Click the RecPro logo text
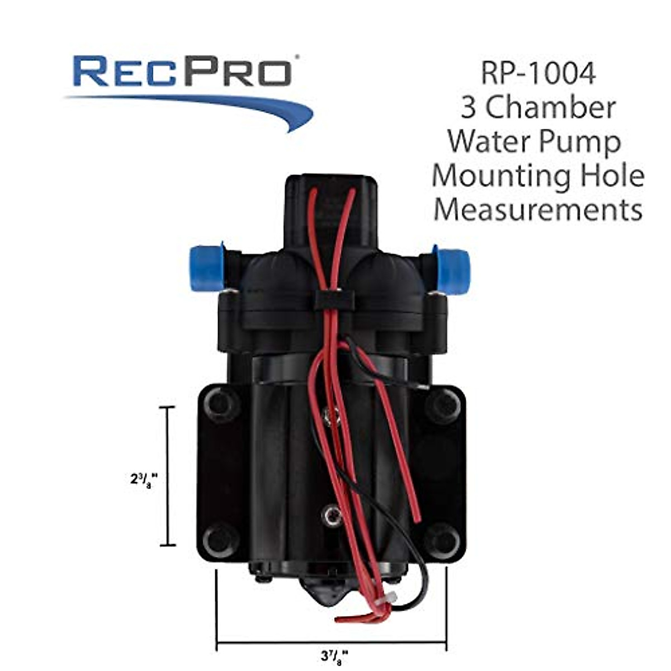pos(182,70)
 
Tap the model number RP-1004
pos(538,74)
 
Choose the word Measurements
pos(538,210)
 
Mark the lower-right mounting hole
pos(442,540)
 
